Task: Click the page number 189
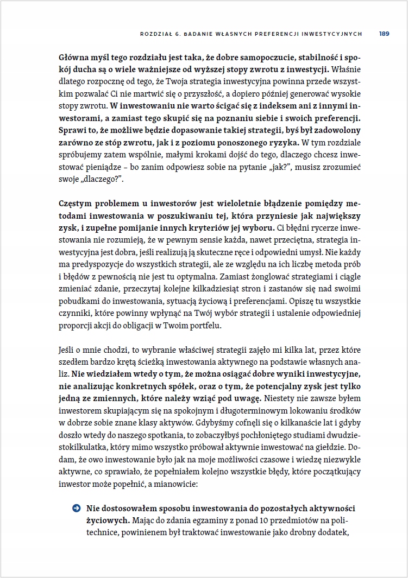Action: [384, 34]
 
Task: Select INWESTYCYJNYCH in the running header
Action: [332, 34]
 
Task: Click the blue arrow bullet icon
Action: [76, 509]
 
